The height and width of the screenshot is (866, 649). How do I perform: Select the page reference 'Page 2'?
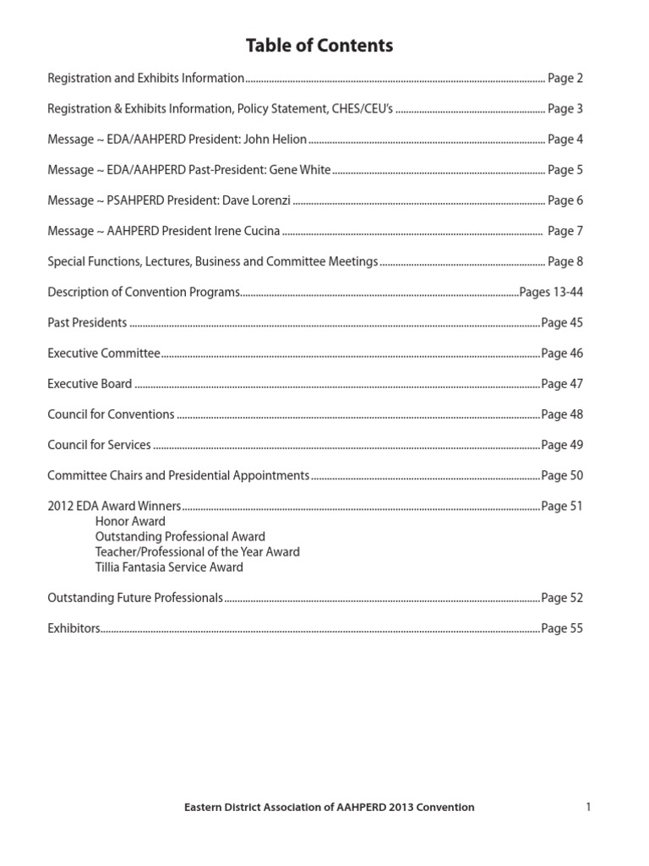(x=565, y=79)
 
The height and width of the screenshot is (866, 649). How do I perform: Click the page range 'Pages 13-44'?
(x=551, y=292)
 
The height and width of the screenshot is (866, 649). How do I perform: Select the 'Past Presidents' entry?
(x=87, y=322)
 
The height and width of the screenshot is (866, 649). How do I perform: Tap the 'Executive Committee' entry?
(x=103, y=353)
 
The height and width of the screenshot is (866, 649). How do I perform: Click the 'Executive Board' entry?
(x=90, y=384)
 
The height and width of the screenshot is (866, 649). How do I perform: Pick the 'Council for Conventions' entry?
(x=111, y=414)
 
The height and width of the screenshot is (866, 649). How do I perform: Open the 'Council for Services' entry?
(x=99, y=445)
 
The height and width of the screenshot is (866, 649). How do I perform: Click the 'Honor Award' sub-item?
(x=130, y=522)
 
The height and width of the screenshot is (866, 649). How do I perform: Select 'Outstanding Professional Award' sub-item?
(x=180, y=537)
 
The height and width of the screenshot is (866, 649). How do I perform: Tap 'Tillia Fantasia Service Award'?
(x=169, y=567)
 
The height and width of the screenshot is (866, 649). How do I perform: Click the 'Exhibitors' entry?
(x=74, y=628)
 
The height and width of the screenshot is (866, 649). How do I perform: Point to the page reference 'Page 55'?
(x=562, y=628)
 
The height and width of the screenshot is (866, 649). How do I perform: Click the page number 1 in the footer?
(x=587, y=807)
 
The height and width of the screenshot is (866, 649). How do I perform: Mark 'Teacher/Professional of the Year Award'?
(x=197, y=552)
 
